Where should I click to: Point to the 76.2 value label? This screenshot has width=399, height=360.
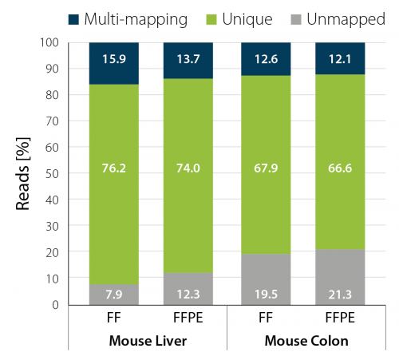pyautogui.click(x=114, y=168)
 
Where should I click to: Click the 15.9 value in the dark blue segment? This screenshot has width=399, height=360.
pyautogui.click(x=114, y=59)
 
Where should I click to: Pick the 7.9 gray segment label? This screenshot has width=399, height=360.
pyautogui.click(x=114, y=295)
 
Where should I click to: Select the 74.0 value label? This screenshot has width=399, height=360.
pyautogui.click(x=188, y=168)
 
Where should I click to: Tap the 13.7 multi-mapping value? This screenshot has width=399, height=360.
pyautogui.click(x=188, y=59)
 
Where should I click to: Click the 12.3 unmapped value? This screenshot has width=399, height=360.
pyautogui.click(x=188, y=295)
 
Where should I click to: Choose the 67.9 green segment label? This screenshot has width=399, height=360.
pyautogui.click(x=266, y=168)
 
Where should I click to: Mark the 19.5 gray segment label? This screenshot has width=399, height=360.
pyautogui.click(x=266, y=295)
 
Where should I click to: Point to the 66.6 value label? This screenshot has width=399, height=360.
pyautogui.click(x=338, y=168)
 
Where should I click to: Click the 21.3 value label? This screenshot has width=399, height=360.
pyautogui.click(x=338, y=295)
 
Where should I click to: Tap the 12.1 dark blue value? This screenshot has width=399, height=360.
pyautogui.click(x=338, y=59)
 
